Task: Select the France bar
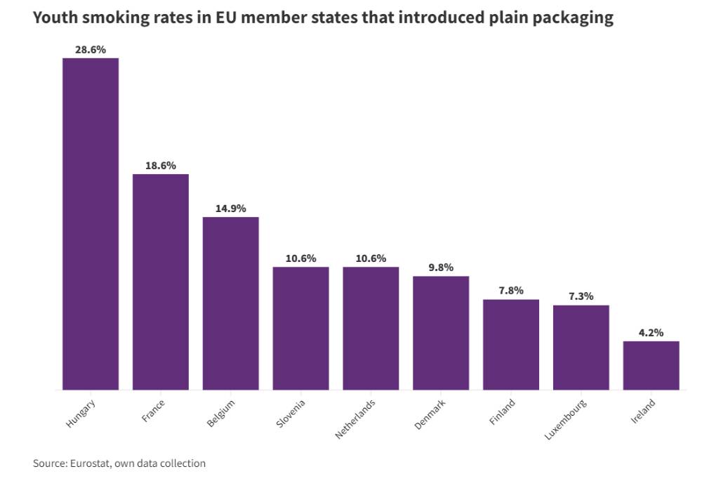point(161,282)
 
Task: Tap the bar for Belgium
point(231,303)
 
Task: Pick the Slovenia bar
point(300,328)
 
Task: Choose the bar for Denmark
point(441,333)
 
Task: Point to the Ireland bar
point(651,365)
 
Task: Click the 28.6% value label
point(91,50)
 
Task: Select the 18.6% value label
point(161,166)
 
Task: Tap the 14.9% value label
point(231,209)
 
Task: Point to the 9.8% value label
point(441,268)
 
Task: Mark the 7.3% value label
point(581,297)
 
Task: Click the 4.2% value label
point(651,333)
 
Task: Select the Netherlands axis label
point(356,419)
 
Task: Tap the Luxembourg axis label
point(566,419)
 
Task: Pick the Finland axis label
point(503,412)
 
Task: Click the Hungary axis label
point(81,414)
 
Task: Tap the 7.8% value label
point(511,291)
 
